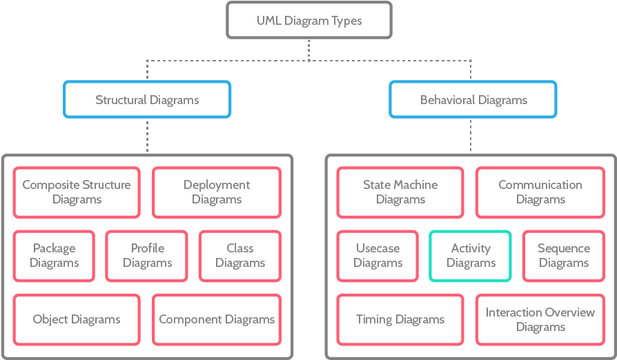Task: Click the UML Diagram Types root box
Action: click(x=308, y=20)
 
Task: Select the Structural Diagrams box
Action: click(x=147, y=99)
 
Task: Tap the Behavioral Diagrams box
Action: click(x=473, y=99)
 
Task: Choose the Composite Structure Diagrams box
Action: click(x=77, y=192)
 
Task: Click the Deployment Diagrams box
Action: click(x=217, y=192)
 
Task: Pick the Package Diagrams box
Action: click(x=54, y=255)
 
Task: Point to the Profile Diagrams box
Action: click(x=147, y=255)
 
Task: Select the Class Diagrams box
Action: click(x=239, y=255)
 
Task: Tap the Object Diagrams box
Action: click(x=77, y=319)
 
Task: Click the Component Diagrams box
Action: click(x=217, y=319)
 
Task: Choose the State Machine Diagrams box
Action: click(x=400, y=192)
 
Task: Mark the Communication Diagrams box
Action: click(x=540, y=192)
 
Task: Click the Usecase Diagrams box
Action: click(x=378, y=255)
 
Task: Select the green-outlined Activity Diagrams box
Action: click(x=471, y=255)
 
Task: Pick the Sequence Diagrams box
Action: click(x=564, y=255)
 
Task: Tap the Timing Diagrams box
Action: click(x=400, y=319)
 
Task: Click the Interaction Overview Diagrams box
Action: click(x=540, y=319)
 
